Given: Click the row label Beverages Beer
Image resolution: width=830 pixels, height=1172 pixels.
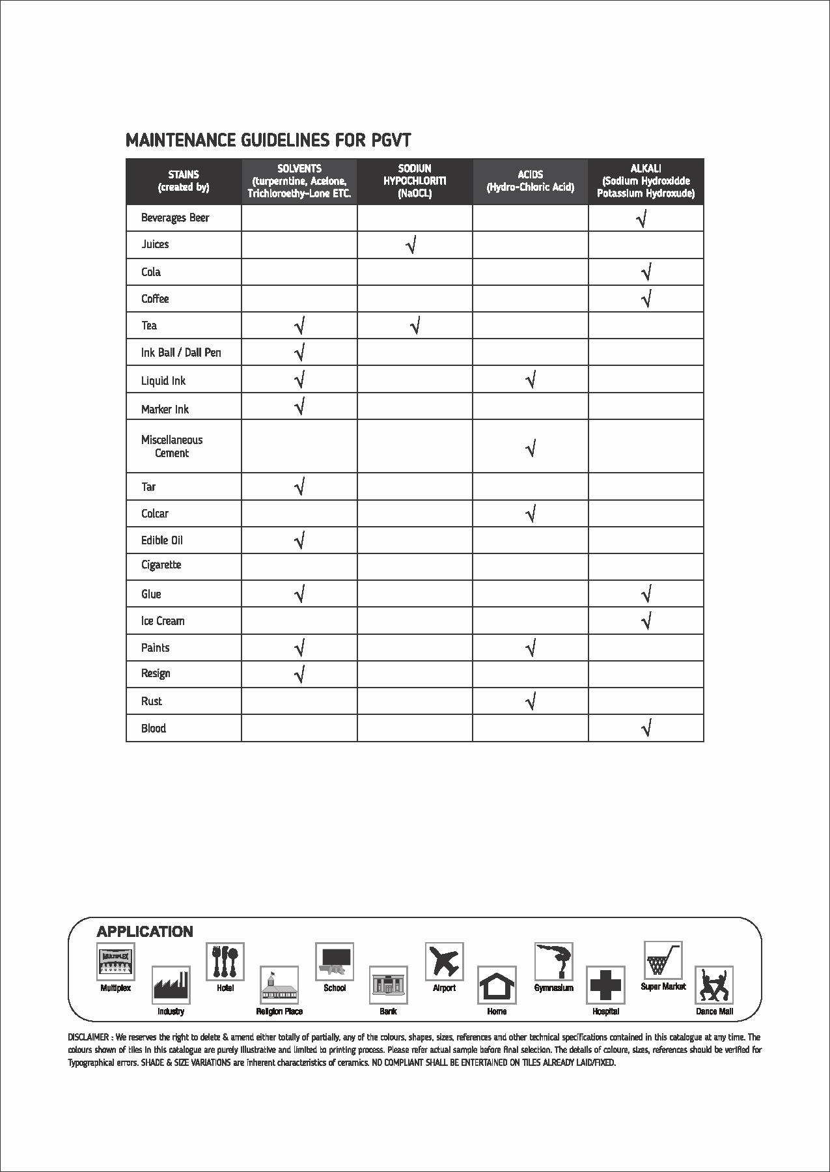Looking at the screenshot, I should (x=175, y=217).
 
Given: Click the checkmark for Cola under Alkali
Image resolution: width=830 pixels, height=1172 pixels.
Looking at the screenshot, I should (x=646, y=272).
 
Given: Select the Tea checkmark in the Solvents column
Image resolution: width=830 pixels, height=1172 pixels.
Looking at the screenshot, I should (x=299, y=326).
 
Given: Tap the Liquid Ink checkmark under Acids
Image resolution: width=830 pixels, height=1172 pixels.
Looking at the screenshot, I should (x=531, y=380).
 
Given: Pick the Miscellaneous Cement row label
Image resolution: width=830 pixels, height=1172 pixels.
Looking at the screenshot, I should (x=172, y=447).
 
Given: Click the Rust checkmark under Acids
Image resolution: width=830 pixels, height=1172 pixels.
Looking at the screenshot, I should (x=531, y=701).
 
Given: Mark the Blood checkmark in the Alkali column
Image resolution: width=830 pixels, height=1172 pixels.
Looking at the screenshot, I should (x=646, y=728).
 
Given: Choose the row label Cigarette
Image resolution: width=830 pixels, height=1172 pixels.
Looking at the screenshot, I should (x=161, y=565).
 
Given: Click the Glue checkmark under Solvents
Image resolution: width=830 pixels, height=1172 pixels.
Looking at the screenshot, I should (x=299, y=594).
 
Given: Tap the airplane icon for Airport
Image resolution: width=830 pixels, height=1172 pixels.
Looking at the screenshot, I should (x=444, y=961).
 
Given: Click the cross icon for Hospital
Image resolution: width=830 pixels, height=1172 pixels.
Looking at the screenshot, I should (x=605, y=984).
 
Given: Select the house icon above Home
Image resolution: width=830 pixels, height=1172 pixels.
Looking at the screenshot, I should (x=497, y=984).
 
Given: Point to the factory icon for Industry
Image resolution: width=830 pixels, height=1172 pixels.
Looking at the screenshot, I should (x=171, y=984).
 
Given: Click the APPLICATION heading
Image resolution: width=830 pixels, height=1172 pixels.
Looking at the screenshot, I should (x=145, y=932).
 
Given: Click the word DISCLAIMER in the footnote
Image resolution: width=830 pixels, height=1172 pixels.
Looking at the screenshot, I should (x=89, y=1037).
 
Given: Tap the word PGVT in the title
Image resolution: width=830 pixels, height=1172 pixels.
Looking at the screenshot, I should (x=391, y=140).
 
